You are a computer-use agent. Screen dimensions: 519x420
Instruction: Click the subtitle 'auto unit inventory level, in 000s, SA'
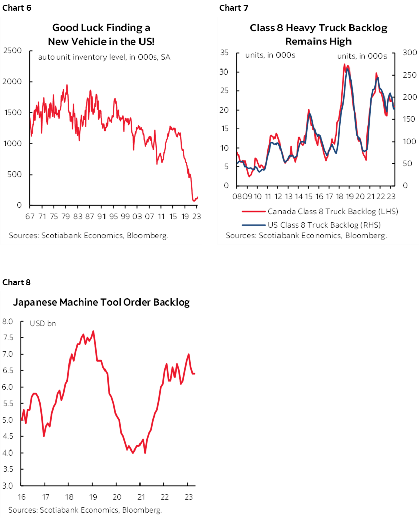click(104, 57)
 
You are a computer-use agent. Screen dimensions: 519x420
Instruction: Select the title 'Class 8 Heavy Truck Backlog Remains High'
click(318, 34)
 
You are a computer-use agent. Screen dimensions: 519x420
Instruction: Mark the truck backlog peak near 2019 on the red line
click(344, 64)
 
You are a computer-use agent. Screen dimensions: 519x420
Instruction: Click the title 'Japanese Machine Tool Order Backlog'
click(101, 303)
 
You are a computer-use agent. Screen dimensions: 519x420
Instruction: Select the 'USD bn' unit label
click(43, 323)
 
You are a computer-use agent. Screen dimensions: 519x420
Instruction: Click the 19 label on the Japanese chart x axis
click(93, 496)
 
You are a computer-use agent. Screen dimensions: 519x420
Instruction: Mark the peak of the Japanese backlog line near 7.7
click(93, 331)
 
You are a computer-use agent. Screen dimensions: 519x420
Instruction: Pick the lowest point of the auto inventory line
click(194, 201)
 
